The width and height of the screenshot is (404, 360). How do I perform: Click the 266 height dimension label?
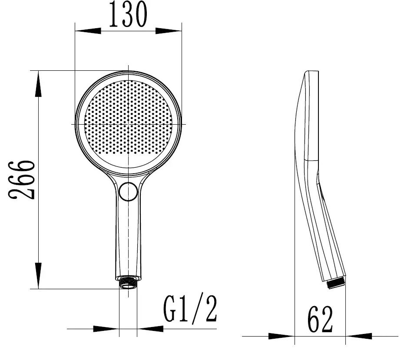tap(22, 180)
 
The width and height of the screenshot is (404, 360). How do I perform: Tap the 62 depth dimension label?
tap(320, 319)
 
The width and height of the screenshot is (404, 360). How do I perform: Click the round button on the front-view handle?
tap(128, 191)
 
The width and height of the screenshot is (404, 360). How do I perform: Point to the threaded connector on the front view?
tap(128, 283)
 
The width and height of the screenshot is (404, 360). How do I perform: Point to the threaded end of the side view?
tap(336, 283)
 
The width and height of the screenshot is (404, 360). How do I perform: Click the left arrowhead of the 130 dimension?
tap(88, 31)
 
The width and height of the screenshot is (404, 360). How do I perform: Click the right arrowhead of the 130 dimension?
tap(169, 31)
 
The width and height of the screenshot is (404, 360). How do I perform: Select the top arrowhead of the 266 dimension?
tap(38, 84)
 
